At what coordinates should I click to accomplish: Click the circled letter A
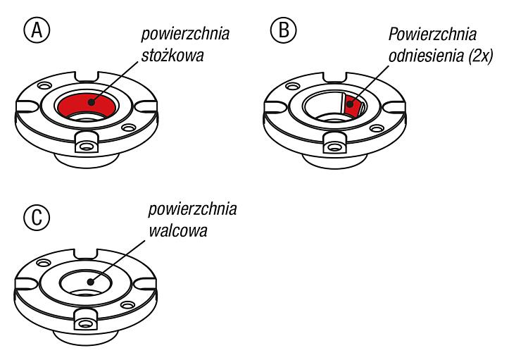click(37, 30)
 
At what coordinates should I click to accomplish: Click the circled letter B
click(284, 30)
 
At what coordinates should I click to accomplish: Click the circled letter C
click(37, 217)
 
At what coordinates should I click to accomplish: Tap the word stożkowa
click(172, 56)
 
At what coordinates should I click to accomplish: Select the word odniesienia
click(427, 56)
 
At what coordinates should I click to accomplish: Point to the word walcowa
click(178, 231)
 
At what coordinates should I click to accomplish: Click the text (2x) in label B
click(481, 56)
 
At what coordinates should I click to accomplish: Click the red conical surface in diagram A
click(87, 105)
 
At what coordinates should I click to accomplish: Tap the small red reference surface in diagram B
click(352, 105)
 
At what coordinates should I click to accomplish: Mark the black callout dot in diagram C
click(90, 282)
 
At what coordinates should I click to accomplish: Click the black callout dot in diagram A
click(91, 101)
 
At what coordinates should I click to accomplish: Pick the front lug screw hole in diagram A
click(86, 147)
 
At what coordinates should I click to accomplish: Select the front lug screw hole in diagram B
click(334, 147)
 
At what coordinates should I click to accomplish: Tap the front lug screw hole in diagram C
click(85, 324)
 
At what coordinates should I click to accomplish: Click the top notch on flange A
click(87, 77)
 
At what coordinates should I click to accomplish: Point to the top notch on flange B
click(334, 77)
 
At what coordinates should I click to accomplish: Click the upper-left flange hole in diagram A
click(44, 86)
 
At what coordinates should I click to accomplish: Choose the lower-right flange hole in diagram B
click(377, 128)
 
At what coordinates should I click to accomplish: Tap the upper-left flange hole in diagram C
click(43, 263)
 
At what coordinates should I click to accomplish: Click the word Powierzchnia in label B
click(432, 34)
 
